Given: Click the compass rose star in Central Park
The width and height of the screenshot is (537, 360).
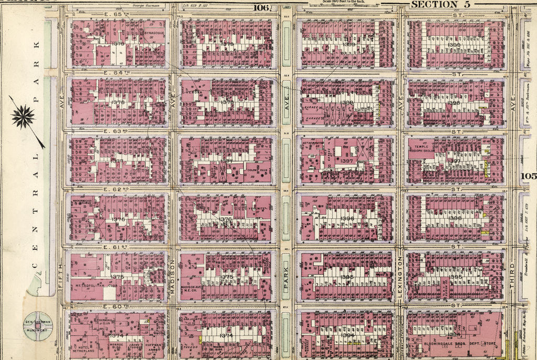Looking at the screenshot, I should click(x=23, y=116).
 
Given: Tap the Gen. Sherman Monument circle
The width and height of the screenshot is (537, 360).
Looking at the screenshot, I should click(x=38, y=326).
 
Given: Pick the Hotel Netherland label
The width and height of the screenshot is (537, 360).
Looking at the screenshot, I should click(x=83, y=349).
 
